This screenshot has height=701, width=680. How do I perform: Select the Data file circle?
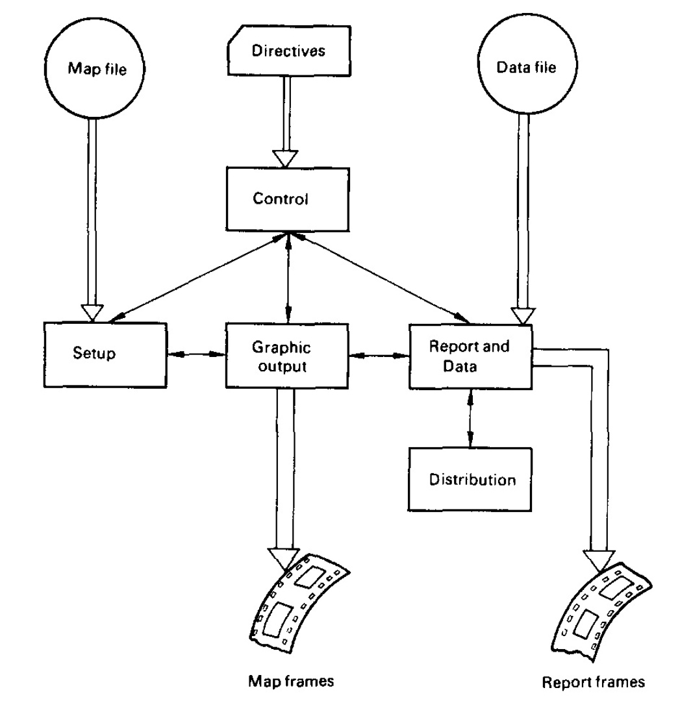coord(517,68)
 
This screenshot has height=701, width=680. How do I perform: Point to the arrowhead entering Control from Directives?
coord(286,158)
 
